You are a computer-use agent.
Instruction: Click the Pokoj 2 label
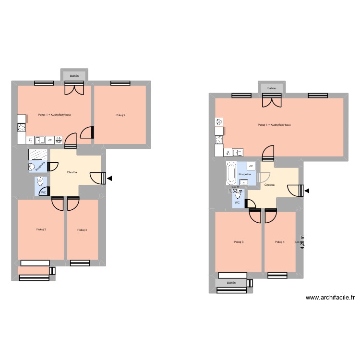(120, 115)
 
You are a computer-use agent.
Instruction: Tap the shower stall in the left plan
(38, 155)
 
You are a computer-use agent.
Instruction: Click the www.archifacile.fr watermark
(330, 298)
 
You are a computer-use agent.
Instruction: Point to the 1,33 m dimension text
(235, 191)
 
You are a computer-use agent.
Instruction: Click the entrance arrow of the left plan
(110, 179)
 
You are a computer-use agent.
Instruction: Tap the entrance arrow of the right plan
(307, 192)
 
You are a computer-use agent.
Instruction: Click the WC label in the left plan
(43, 192)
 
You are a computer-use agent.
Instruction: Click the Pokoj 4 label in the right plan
(279, 242)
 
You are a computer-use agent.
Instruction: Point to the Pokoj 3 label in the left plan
(41, 229)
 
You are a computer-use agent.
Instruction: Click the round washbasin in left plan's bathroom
(32, 167)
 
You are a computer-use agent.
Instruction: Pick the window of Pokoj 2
(120, 83)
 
